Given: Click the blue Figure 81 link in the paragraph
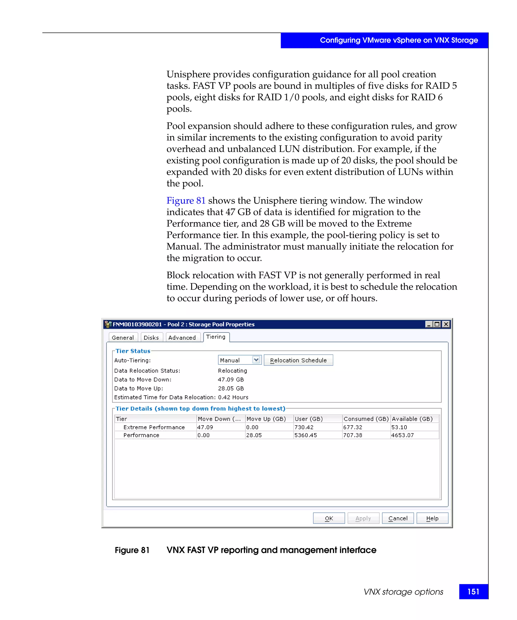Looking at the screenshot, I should (x=186, y=201).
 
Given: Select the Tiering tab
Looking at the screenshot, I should (x=216, y=337).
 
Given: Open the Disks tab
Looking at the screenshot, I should (x=151, y=337).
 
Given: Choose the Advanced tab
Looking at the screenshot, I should (x=182, y=337).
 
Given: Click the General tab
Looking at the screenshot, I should (x=123, y=337).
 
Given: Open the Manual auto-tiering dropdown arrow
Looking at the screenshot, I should (x=256, y=360).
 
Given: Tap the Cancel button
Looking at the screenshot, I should (x=398, y=518).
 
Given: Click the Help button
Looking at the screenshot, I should (x=432, y=518).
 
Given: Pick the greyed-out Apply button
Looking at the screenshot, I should (x=363, y=518).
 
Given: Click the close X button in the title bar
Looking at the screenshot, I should (x=446, y=324).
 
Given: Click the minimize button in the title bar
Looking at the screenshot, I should (x=429, y=324).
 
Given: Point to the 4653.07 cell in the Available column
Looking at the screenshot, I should (x=402, y=435).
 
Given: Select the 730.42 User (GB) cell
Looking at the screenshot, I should (x=304, y=427).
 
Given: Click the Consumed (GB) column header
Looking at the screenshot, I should (x=366, y=419).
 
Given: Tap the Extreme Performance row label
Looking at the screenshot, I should (x=154, y=427).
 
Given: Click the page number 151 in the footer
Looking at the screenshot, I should (x=473, y=592).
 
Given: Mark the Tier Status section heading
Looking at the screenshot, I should (x=133, y=351).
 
